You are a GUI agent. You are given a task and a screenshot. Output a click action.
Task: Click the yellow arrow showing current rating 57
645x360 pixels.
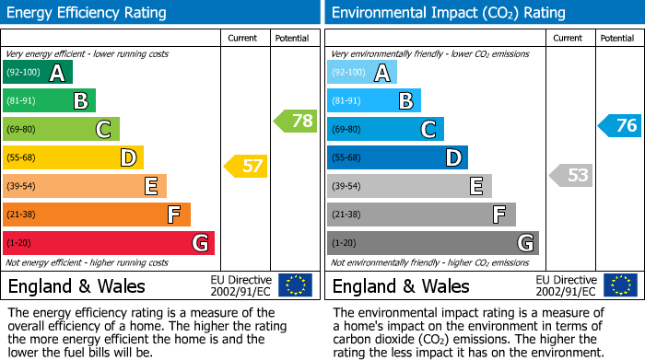[245, 167]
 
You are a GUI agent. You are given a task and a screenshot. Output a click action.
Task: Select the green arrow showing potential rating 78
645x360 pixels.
[295, 121]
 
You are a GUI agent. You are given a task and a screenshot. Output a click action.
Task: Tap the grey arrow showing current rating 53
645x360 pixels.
[570, 175]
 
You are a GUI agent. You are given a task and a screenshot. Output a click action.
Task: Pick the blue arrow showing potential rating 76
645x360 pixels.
[619, 126]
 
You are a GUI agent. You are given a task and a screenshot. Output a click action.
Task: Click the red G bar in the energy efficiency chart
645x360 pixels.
[109, 243]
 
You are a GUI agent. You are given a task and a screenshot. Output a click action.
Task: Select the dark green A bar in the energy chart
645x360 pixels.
[37, 73]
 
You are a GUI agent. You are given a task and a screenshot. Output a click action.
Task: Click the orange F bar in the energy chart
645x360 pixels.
[97, 215]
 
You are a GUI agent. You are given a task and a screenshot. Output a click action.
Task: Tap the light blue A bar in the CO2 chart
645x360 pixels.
[362, 73]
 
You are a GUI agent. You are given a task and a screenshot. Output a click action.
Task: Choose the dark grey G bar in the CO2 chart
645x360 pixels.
[432, 243]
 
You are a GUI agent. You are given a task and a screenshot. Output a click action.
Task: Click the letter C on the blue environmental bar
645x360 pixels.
[428, 130]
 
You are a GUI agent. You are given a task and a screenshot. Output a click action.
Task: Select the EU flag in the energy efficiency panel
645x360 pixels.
[295, 285]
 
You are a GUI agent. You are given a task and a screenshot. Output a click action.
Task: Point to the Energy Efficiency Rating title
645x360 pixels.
[88, 13]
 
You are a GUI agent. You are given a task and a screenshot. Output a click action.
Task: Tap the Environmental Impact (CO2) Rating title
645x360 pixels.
[448, 13]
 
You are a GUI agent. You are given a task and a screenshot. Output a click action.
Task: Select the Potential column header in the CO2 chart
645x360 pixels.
[617, 38]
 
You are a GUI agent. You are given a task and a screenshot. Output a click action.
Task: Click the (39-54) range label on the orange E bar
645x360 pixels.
[21, 187]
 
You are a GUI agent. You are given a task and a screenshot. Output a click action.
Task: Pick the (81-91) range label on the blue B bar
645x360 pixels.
[346, 101]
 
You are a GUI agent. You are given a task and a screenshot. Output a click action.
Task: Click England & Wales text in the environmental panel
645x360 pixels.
[401, 286]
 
